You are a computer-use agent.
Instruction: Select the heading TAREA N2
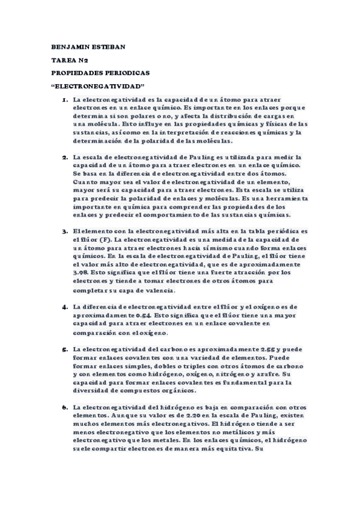pyautogui.click(x=71, y=60)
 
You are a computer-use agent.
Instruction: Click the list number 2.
pyautogui.click(x=64, y=156)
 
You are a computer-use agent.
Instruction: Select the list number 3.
pyautogui.click(x=64, y=232)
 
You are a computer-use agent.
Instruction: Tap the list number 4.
pyautogui.click(x=64, y=307)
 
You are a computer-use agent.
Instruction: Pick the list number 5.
pyautogui.click(x=64, y=349)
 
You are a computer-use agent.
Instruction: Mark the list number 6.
pyautogui.click(x=64, y=407)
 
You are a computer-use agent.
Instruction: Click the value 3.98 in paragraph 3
pyautogui.click(x=81, y=273)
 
